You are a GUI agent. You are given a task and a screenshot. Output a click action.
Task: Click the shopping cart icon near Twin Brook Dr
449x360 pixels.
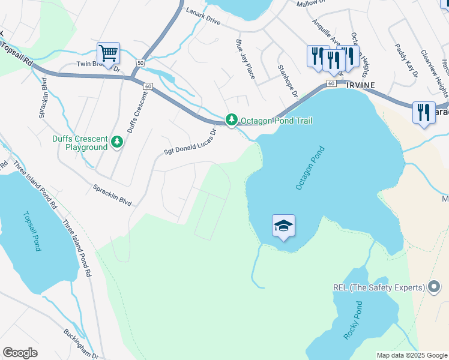(108, 54)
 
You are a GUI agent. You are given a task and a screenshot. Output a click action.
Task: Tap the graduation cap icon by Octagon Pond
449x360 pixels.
(283, 226)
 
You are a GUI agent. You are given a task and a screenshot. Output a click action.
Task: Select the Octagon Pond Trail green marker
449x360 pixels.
(232, 121)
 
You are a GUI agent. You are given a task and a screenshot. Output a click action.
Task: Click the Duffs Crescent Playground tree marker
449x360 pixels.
(117, 142)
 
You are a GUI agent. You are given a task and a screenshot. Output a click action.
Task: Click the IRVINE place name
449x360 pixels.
(360, 85)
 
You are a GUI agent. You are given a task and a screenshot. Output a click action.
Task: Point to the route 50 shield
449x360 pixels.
(140, 62)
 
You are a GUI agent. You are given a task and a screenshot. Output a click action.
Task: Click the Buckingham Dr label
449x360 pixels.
(82, 343)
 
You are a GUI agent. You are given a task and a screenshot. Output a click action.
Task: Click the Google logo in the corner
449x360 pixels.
(20, 353)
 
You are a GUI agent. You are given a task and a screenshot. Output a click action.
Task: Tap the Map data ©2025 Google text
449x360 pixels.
(411, 355)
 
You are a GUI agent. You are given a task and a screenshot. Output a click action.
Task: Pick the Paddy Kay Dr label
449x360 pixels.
(406, 60)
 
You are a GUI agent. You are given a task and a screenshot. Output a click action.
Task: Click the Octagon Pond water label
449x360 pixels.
(310, 169)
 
